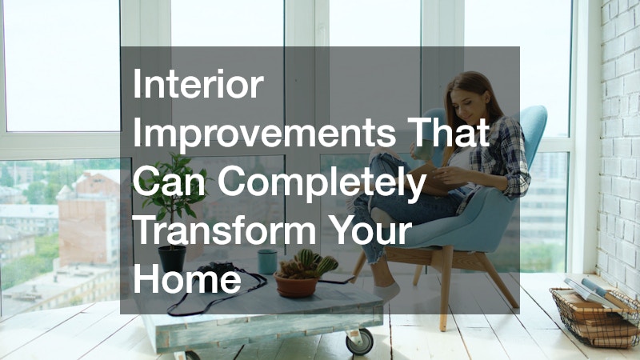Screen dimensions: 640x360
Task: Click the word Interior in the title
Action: click(198, 85)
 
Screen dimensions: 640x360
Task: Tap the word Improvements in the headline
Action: click(265, 132)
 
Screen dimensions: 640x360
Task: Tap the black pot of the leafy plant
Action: click(172, 259)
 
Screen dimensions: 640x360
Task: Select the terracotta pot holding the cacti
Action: click(296, 285)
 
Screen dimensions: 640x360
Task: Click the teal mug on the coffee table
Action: click(267, 262)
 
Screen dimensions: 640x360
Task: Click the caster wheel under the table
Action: click(359, 341)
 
